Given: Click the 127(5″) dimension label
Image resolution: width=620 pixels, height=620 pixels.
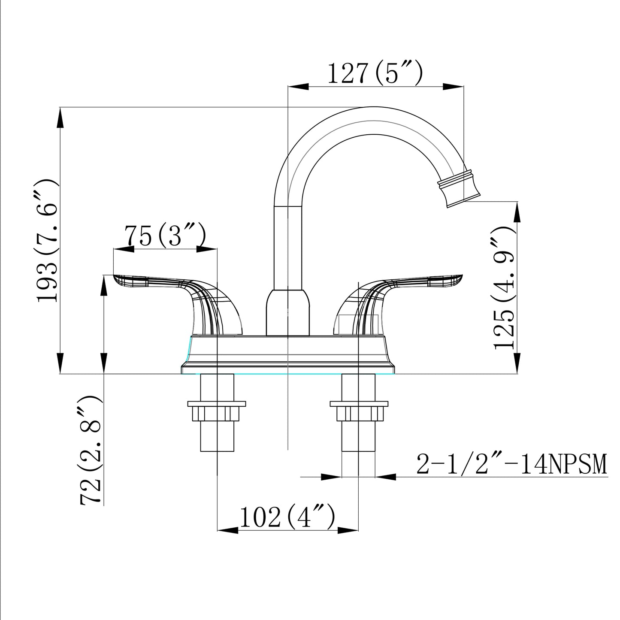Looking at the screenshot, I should pyautogui.click(x=375, y=73).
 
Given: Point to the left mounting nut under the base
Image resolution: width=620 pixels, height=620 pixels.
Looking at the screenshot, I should pyautogui.click(x=217, y=412).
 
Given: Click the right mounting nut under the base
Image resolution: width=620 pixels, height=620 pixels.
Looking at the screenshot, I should pyautogui.click(x=359, y=412).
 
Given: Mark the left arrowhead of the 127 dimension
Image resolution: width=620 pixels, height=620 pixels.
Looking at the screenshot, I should pyautogui.click(x=298, y=87).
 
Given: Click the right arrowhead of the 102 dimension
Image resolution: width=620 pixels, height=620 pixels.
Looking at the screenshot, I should pyautogui.click(x=348, y=531).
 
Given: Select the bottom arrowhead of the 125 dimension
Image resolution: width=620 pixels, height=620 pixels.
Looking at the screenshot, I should pyautogui.click(x=517, y=363).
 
